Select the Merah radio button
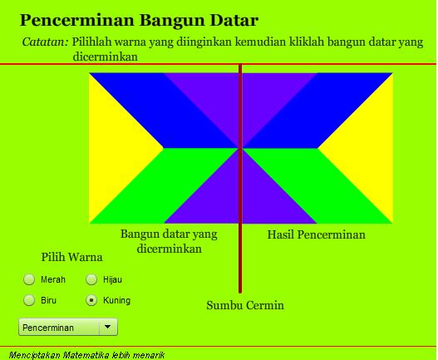coord(29,280)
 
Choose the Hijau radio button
coord(91,280)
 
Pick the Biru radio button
coord(29,300)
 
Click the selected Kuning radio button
coord(91,300)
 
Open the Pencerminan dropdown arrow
coord(110,328)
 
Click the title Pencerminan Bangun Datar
coord(139,20)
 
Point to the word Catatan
coord(45,41)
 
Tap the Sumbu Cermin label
coord(245,305)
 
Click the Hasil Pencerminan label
coord(316,234)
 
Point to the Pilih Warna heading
coord(71,257)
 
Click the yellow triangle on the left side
coord(116,148)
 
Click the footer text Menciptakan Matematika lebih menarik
coord(82,354)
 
